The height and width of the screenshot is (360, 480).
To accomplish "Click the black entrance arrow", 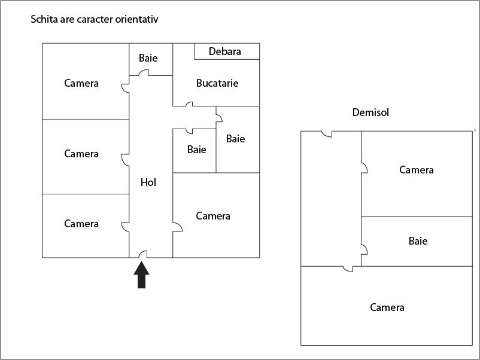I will [141, 277].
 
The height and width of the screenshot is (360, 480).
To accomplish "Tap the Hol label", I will [148, 182].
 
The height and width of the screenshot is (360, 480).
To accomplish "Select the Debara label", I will [225, 51].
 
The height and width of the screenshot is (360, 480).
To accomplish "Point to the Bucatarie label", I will [217, 83].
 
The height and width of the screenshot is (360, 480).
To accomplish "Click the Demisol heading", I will [370, 112].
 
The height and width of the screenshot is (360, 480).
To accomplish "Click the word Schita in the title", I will [44, 19].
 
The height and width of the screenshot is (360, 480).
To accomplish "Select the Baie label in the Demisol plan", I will [418, 241].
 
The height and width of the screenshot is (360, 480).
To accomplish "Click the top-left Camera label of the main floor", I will [81, 83].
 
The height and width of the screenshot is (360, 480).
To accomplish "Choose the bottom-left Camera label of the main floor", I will [81, 224].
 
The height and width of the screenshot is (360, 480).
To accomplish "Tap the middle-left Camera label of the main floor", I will [81, 154].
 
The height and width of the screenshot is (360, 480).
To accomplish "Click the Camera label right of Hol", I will [213, 216].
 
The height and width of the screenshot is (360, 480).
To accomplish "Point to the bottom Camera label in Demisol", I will [387, 307].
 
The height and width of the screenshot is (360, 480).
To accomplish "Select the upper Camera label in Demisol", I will [417, 170].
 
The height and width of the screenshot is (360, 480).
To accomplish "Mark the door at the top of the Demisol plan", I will [326, 134].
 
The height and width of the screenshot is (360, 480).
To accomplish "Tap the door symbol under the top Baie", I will [144, 73].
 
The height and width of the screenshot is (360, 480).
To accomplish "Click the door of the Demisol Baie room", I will [364, 249].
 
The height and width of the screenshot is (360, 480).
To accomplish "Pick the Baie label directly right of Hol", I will [196, 150].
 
